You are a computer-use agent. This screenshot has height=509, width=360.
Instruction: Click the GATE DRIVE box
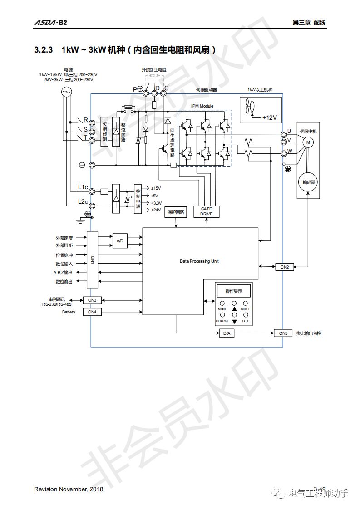click(206, 211)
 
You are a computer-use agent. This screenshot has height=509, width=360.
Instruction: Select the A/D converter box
click(120, 240)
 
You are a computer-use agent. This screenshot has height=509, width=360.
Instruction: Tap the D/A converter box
click(227, 333)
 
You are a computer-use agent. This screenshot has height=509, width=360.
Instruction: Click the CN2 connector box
click(285, 267)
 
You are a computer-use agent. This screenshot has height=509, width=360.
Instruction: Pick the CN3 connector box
click(92, 300)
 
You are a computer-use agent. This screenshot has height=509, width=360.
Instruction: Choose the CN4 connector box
click(92, 312)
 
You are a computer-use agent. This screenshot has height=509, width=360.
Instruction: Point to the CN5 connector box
click(283, 333)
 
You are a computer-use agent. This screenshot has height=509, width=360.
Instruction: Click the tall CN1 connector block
click(92, 259)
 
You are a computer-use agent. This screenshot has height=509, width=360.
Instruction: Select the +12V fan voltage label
click(269, 117)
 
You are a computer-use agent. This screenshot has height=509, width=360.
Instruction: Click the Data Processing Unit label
click(199, 261)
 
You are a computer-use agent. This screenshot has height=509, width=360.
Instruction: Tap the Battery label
click(69, 312)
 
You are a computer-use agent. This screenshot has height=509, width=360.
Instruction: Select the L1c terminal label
click(83, 187)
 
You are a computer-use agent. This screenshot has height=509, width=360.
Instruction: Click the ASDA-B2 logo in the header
click(50, 23)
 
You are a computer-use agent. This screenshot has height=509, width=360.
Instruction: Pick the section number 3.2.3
click(44, 49)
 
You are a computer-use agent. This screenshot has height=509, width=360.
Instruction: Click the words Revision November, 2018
click(69, 489)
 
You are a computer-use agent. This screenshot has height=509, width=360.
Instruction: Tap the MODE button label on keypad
click(222, 309)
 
